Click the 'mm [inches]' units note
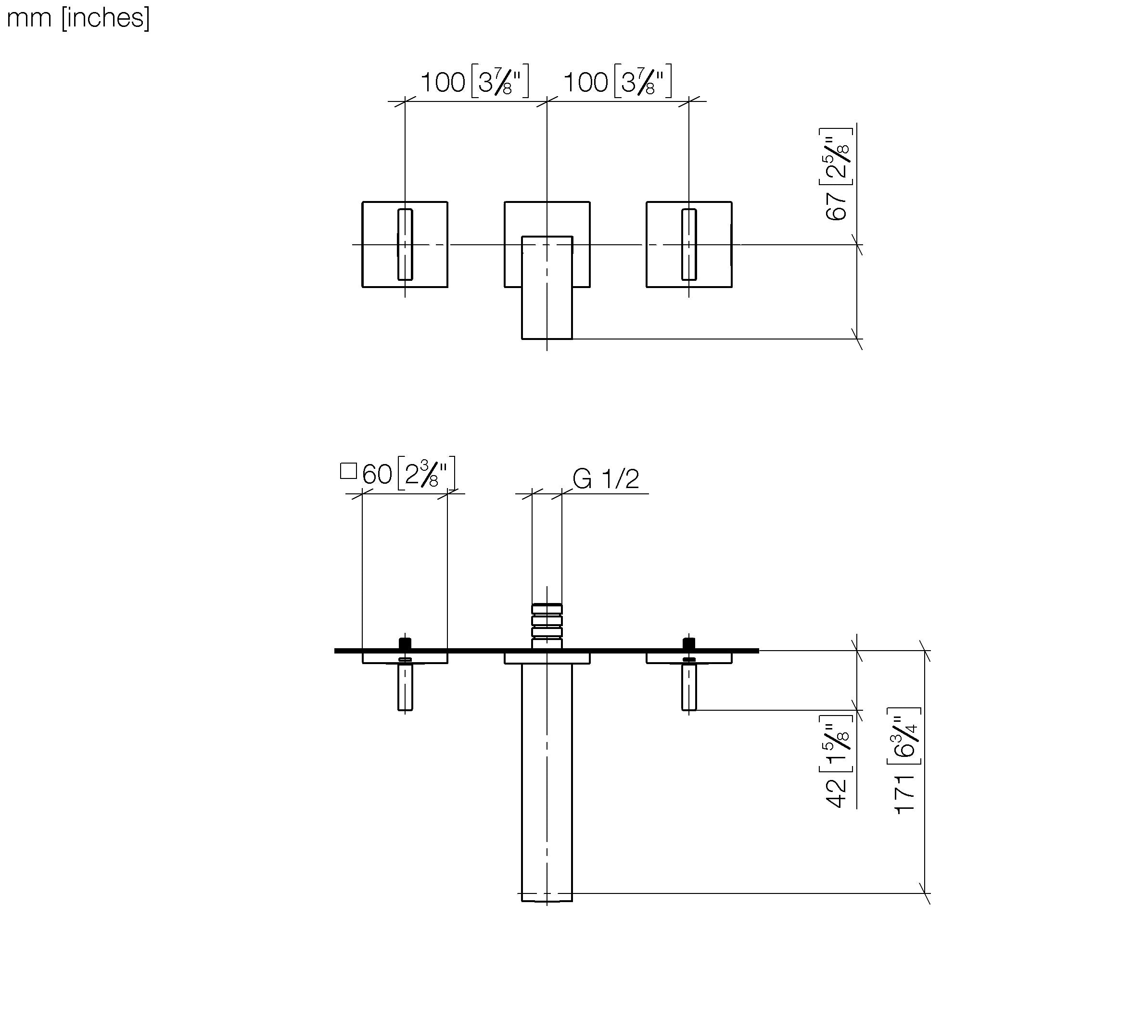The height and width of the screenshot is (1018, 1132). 78,18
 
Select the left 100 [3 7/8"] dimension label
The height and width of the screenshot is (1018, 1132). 474,82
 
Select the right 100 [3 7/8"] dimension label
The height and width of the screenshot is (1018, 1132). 617,82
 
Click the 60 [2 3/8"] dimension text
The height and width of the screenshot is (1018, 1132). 408,474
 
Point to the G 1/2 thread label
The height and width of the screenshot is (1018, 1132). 606,479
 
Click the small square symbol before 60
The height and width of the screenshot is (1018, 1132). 348,471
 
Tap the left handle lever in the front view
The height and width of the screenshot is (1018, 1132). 405,244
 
